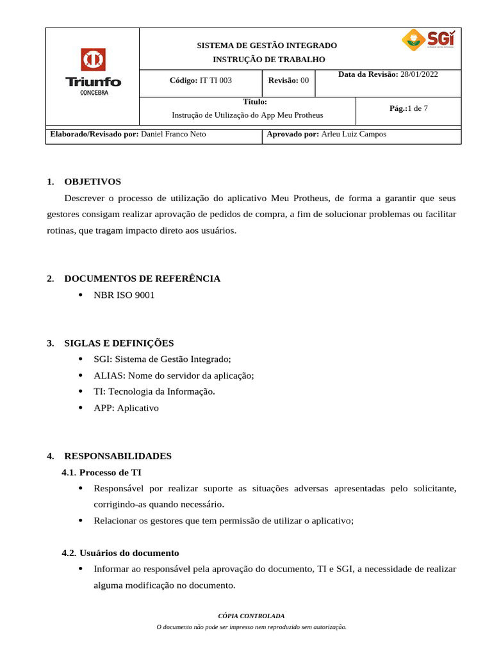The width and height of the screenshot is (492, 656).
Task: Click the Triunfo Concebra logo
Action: [93, 72]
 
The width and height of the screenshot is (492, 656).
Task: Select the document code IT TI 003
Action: [216, 81]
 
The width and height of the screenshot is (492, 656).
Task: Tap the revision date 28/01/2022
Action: [419, 74]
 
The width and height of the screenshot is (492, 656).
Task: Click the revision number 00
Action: [304, 81]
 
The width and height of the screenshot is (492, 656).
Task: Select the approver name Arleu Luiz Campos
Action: [354, 135]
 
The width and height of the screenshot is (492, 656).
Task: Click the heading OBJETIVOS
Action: [92, 182]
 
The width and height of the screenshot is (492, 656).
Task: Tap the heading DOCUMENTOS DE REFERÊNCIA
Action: [142, 279]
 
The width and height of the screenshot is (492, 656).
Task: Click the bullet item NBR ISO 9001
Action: [124, 295]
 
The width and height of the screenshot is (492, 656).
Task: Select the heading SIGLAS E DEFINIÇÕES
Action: [119, 343]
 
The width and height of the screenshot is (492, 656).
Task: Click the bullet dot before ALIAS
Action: [80, 376]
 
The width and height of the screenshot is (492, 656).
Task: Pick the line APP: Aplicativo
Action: [126, 408]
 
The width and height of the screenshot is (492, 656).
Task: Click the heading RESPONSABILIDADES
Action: [118, 456]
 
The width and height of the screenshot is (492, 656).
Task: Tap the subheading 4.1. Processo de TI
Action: [101, 473]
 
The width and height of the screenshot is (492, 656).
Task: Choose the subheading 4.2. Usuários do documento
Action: [120, 553]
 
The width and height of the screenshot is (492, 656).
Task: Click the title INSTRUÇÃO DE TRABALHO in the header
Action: [269, 60]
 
